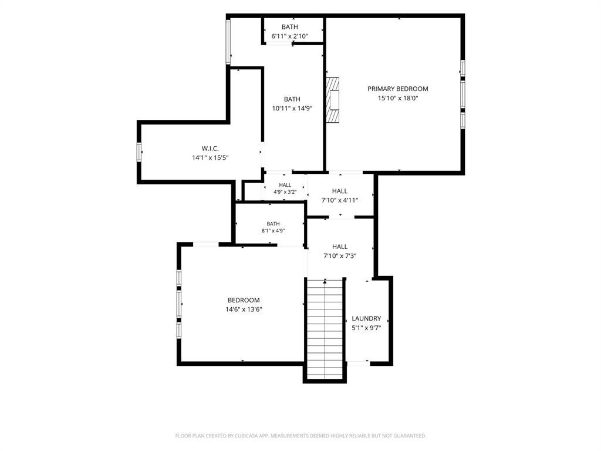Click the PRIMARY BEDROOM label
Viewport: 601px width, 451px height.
(397, 89)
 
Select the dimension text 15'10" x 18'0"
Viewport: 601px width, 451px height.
(398, 98)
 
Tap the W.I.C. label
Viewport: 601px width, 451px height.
(210, 149)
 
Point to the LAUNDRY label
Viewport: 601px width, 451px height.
(366, 318)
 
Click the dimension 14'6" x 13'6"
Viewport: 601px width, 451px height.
(244, 309)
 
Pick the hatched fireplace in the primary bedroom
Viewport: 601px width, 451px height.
(332, 100)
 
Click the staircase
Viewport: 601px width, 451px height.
(325, 329)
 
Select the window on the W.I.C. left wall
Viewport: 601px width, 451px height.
(139, 152)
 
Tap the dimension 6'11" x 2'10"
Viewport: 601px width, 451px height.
(290, 36)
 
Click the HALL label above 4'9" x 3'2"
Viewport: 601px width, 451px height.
(285, 185)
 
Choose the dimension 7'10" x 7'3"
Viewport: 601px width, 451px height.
(340, 256)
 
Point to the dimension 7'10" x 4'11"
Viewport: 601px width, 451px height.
(340, 200)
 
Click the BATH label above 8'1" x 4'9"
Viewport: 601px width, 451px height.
(274, 224)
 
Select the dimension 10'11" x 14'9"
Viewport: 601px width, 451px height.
(292, 109)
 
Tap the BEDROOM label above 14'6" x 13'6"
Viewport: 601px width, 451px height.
(244, 300)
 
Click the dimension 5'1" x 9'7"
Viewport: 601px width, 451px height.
(366, 328)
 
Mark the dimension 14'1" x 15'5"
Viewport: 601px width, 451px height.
(211, 157)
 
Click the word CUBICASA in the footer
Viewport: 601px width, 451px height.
(248, 436)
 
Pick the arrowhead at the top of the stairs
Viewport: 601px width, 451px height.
(325, 281)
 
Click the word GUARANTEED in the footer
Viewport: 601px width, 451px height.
(410, 436)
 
